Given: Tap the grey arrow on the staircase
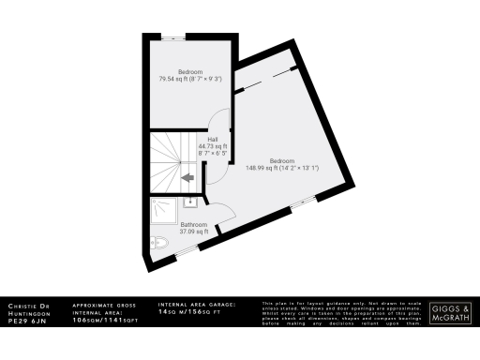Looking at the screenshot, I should pyautogui.click(x=187, y=175).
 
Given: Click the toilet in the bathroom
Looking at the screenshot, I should pyautogui.click(x=159, y=245).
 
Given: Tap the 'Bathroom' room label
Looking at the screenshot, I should pyautogui.click(x=193, y=225).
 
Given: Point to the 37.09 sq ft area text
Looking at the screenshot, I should pyautogui.click(x=193, y=232).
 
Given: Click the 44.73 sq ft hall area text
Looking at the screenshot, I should pyautogui.click(x=213, y=147).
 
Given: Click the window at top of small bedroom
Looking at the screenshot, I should pyautogui.click(x=174, y=37).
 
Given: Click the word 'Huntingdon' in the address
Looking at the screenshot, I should pyautogui.click(x=30, y=313).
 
